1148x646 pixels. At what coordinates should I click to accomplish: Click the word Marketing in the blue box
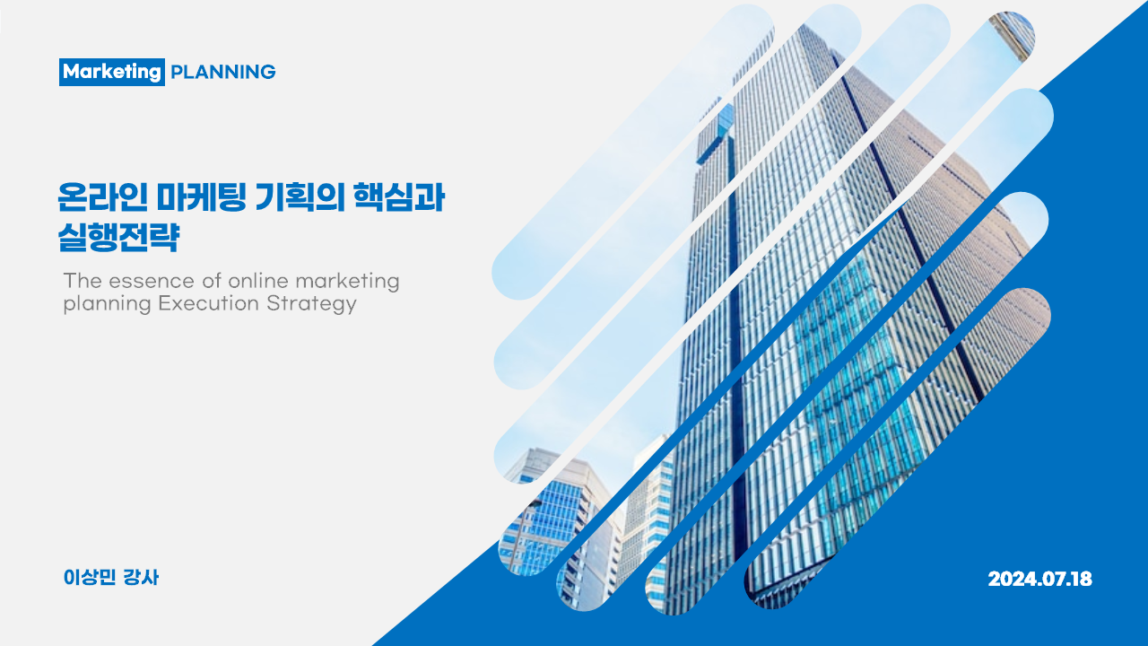(x=112, y=72)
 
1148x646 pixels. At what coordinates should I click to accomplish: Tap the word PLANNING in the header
(x=223, y=72)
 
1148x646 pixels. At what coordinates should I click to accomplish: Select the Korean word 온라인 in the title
(x=102, y=196)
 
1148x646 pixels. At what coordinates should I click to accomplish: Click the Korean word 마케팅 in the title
(x=202, y=196)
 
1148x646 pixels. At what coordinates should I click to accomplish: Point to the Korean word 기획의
(x=300, y=196)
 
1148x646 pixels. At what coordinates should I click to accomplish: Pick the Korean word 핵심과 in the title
(x=399, y=196)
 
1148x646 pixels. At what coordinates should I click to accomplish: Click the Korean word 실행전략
(x=118, y=237)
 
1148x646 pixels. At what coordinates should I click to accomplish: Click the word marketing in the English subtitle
(x=348, y=282)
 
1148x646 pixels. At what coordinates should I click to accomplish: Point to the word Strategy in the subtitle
(x=311, y=304)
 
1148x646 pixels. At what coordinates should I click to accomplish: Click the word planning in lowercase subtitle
(x=107, y=304)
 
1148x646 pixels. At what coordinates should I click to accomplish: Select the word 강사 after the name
(x=142, y=578)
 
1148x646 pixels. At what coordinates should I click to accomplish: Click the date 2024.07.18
(x=1039, y=579)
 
